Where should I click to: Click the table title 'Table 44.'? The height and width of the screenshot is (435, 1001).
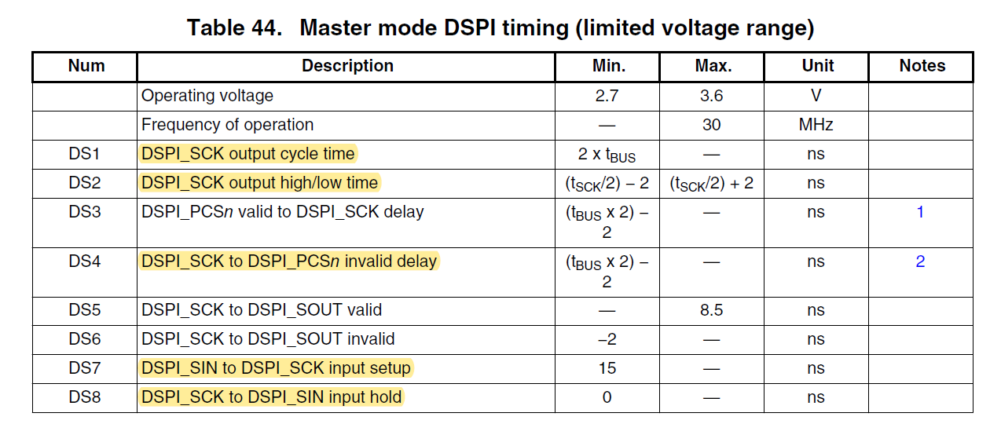233,28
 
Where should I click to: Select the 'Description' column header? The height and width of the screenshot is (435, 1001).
347,66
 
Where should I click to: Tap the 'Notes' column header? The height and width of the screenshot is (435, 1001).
922,66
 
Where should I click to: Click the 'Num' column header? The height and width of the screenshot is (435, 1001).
86,66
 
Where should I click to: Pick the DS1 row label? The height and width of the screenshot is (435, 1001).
85,154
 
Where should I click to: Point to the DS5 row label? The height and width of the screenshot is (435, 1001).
85,310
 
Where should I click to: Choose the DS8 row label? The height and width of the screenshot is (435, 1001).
85,397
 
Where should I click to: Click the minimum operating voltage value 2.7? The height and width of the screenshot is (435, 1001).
607,96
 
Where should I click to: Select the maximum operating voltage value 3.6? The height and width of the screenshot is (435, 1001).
711,96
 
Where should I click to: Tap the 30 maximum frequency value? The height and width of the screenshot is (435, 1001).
711,125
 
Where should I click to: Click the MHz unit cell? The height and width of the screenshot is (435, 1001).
816,125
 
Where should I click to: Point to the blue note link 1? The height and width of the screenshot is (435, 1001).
920,212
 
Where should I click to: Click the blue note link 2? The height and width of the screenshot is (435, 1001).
920,261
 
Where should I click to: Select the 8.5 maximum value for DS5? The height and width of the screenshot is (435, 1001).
711,310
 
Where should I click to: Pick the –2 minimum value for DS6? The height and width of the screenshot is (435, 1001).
607,339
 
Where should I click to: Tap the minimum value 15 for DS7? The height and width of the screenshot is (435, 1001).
607,368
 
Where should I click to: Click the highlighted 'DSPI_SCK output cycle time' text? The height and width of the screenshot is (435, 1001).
248,154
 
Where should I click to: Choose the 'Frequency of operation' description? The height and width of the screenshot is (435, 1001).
227,125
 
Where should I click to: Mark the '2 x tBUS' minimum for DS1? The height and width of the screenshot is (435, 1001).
607,155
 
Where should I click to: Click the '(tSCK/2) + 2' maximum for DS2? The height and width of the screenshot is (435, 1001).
711,184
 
